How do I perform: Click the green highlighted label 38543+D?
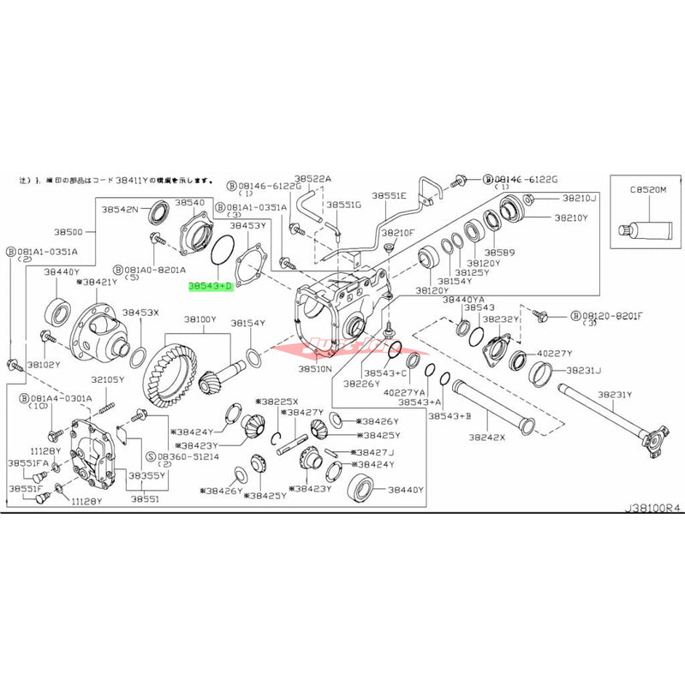pos(210,282)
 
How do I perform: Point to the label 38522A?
pos(313,179)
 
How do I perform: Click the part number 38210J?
pos(580,198)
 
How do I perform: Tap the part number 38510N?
pos(315,369)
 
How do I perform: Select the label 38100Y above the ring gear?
pos(201,319)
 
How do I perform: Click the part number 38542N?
pos(120,208)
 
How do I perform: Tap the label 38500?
pos(68,232)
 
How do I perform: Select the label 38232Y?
pos(498,319)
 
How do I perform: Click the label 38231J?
pos(582,371)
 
